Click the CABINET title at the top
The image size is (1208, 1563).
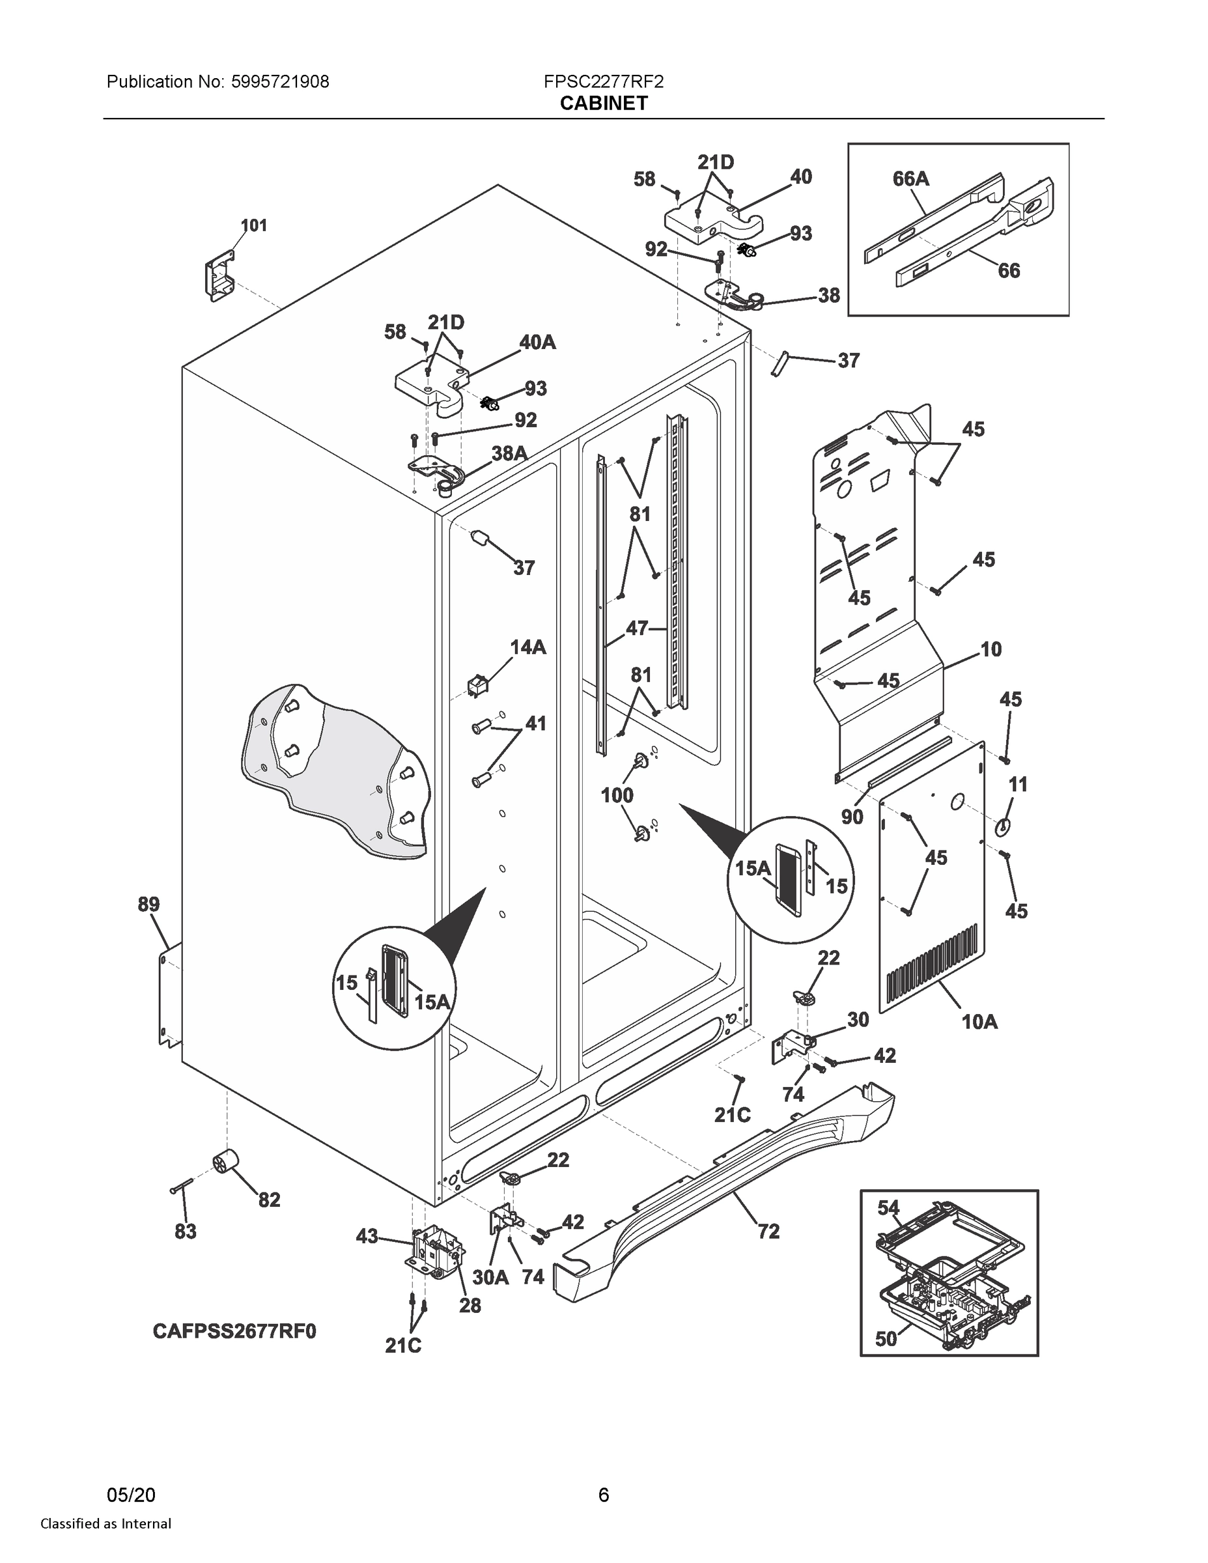tap(603, 104)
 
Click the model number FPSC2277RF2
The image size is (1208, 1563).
tap(603, 81)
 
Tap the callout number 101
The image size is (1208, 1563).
tap(253, 225)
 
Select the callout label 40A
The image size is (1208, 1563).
tap(537, 342)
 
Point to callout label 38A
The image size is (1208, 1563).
tap(509, 453)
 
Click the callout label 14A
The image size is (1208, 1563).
tap(527, 647)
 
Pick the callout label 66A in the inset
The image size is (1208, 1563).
tap(910, 178)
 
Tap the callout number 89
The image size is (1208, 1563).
tap(149, 904)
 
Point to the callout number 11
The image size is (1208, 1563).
tap(1018, 784)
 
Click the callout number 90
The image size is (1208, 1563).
tap(852, 817)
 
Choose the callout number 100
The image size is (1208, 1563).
tap(616, 795)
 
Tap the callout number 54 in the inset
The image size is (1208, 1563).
tap(888, 1207)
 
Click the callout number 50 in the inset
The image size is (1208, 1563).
tap(886, 1338)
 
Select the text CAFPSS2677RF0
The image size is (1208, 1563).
tap(234, 1331)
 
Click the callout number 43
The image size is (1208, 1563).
tap(367, 1236)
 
